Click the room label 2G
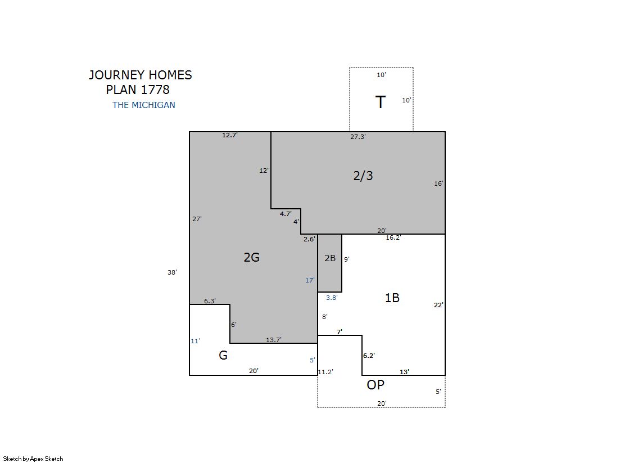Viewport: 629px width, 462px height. [251, 257]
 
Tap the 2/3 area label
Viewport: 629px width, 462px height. [363, 176]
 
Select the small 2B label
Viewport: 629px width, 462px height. [330, 258]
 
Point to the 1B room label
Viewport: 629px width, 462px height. [392, 298]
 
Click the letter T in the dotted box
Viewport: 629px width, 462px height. [381, 102]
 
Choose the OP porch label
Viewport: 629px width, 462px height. [375, 385]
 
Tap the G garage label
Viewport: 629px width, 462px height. [223, 355]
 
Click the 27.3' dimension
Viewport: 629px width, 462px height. [358, 137]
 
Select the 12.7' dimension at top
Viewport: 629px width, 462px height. [230, 135]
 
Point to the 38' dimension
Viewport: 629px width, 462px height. [172, 272]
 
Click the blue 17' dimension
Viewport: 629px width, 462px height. [310, 280]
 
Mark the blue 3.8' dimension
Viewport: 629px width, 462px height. [332, 298]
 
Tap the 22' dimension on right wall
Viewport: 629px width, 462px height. [438, 305]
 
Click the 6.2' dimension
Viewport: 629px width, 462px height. [369, 356]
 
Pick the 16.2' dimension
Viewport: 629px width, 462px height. [393, 237]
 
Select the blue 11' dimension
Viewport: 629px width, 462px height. [195, 341]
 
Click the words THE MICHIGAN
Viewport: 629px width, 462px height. [143, 105]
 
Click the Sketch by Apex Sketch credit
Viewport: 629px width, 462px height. [33, 459]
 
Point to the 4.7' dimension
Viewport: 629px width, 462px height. [286, 214]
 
